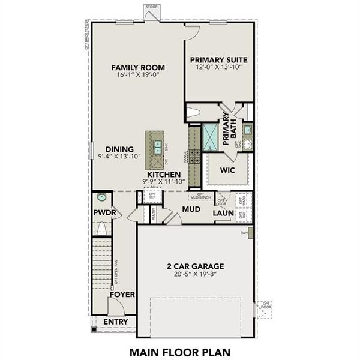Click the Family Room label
pyautogui.click(x=138, y=67)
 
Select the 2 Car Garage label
pyautogui.click(x=195, y=266)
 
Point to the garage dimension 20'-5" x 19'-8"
pyautogui.click(x=195, y=275)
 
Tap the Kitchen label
pyautogui.click(x=161, y=175)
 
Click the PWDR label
pyautogui.click(x=103, y=213)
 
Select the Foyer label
pyautogui.click(x=122, y=295)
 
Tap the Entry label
pyautogui.click(x=116, y=322)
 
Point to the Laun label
pyautogui.click(x=223, y=213)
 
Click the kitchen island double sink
pyautogui.click(x=156, y=145)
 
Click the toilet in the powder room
pyautogui.click(x=101, y=229)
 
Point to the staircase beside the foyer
pyautogui.click(x=102, y=264)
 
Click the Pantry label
pyautogui.click(x=154, y=215)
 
